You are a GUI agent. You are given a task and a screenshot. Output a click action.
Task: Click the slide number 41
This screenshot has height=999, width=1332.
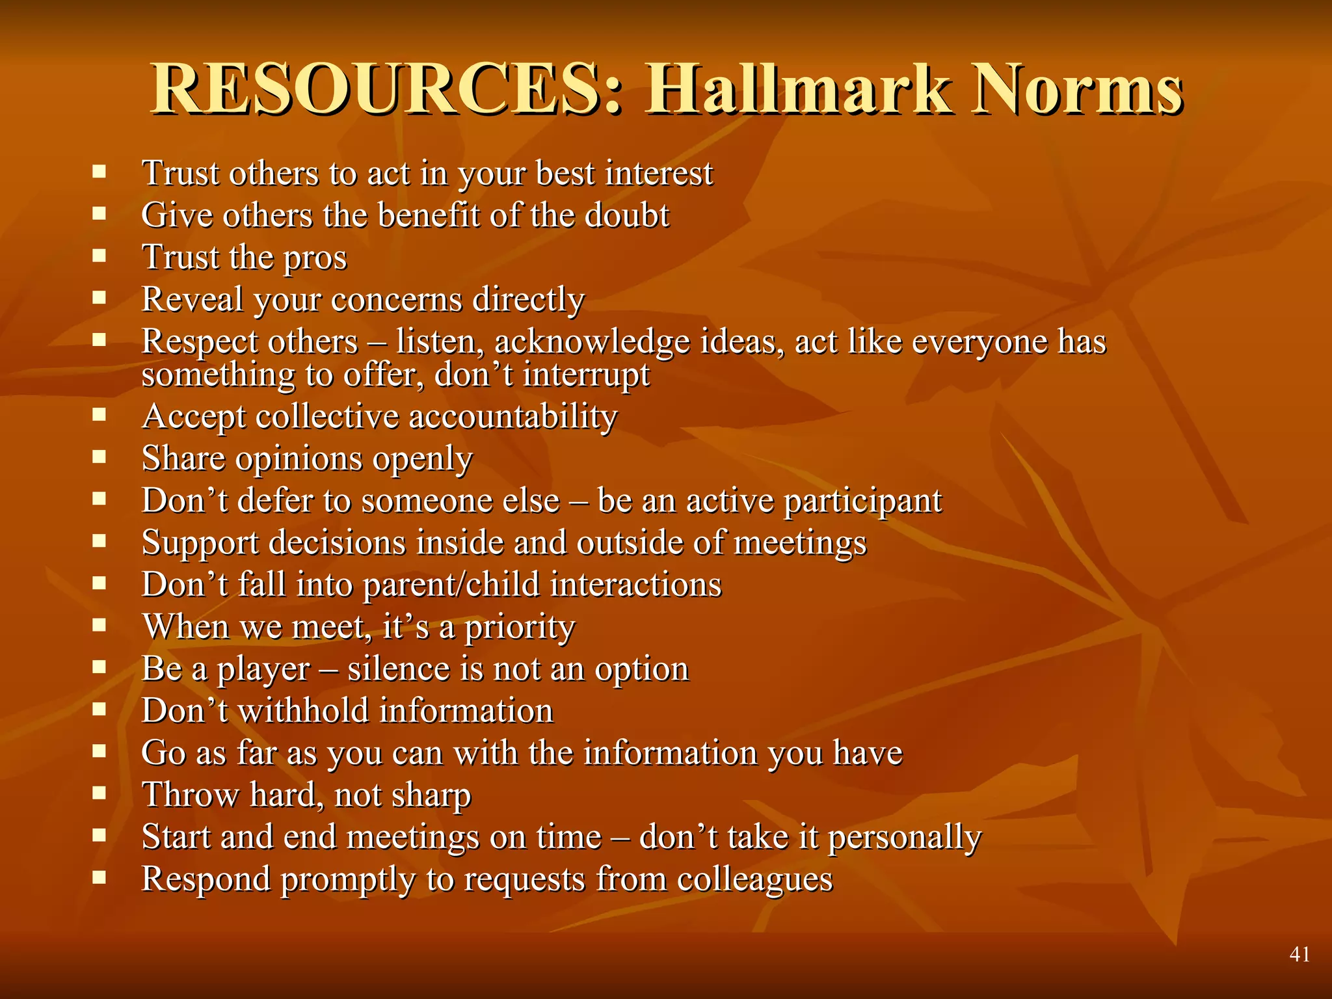(x=1299, y=954)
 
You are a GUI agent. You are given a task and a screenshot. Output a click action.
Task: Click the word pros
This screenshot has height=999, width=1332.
(x=315, y=258)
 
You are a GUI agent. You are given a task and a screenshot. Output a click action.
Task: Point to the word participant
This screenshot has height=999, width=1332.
(x=862, y=501)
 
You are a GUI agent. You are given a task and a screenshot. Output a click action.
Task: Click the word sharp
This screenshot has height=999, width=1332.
(x=432, y=795)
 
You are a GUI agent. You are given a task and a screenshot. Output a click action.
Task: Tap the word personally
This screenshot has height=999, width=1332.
(x=904, y=838)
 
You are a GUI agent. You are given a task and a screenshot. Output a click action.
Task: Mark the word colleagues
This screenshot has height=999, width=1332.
(x=754, y=879)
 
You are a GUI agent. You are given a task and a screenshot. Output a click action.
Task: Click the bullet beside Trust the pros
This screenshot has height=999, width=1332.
(x=99, y=256)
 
